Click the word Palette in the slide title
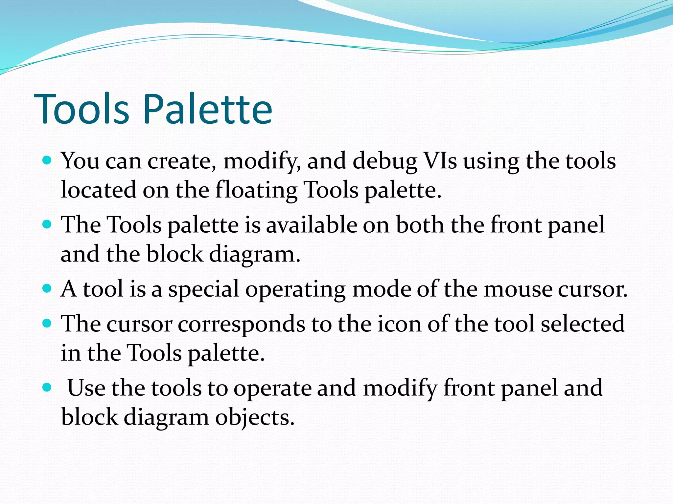208,109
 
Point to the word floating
256,190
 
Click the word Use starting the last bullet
86,388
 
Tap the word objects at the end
255,418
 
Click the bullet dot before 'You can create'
47,160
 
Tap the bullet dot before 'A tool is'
47,289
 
